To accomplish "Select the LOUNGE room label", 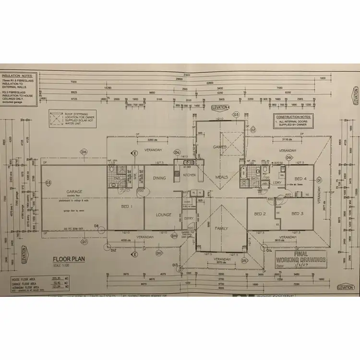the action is [164, 214].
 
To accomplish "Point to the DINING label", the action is [159, 178].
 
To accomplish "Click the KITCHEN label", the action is [190, 175].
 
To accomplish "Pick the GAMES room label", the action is [220, 147].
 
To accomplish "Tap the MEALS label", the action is [222, 177].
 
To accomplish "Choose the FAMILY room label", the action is [222, 228].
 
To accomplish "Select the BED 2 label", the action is [260, 213].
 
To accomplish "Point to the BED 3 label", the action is [297, 213].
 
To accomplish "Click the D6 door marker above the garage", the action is [84, 152].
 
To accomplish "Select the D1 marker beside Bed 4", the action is [318, 180].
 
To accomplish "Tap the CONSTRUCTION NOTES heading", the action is [292, 117].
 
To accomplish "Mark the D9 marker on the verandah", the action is [289, 157].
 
